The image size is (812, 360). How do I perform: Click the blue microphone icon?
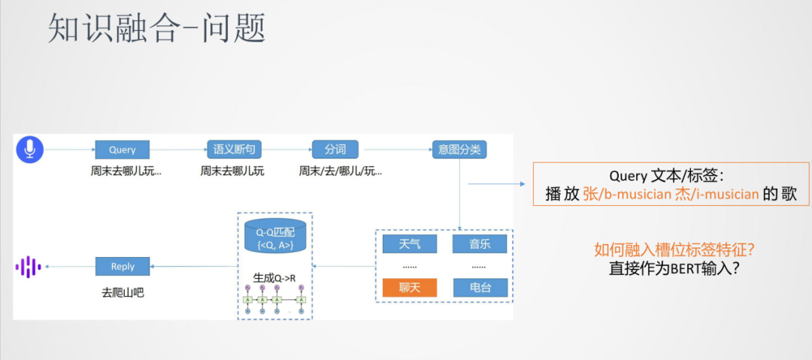click(x=30, y=150)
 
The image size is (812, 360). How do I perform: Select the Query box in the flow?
click(x=122, y=150)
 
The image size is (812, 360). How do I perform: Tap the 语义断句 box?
click(x=232, y=150)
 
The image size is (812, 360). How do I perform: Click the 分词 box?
click(x=335, y=150)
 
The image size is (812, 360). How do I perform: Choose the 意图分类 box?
click(x=459, y=150)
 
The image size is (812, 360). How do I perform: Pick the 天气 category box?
click(x=410, y=244)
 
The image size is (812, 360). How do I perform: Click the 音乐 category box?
click(x=480, y=244)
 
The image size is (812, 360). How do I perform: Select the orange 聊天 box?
click(x=410, y=287)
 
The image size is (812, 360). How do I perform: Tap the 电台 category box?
click(x=480, y=287)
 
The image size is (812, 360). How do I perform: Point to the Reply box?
click(x=123, y=266)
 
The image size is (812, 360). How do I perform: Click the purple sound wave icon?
click(x=27, y=267)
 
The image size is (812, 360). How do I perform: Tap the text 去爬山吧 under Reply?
click(x=123, y=292)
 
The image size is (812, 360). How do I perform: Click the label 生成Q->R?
click(x=274, y=278)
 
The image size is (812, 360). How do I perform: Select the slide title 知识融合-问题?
click(x=156, y=30)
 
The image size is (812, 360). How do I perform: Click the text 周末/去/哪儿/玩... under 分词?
click(x=340, y=171)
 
